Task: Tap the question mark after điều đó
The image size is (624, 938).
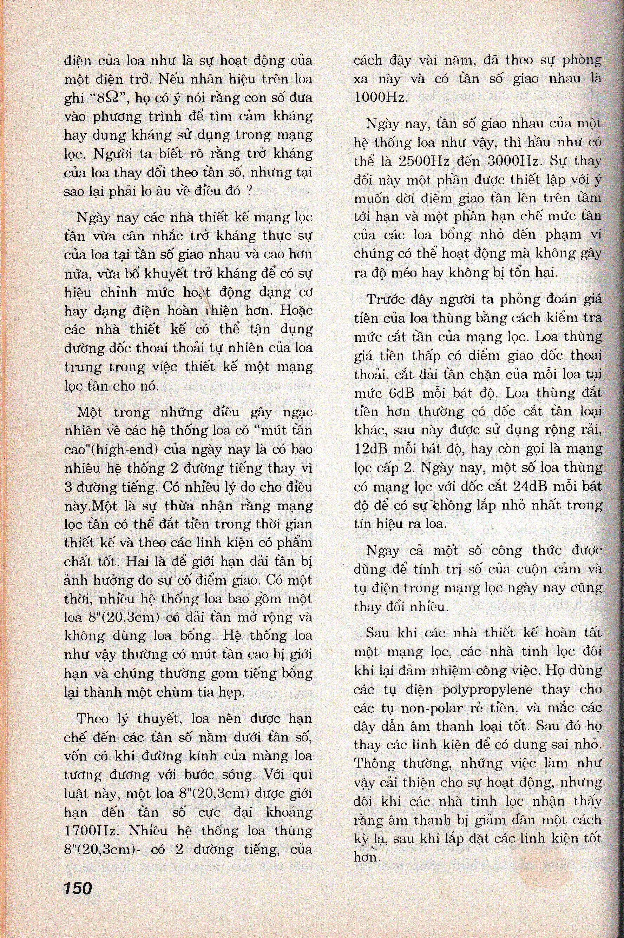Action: click(x=248, y=191)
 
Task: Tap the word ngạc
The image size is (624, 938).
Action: click(x=294, y=412)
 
